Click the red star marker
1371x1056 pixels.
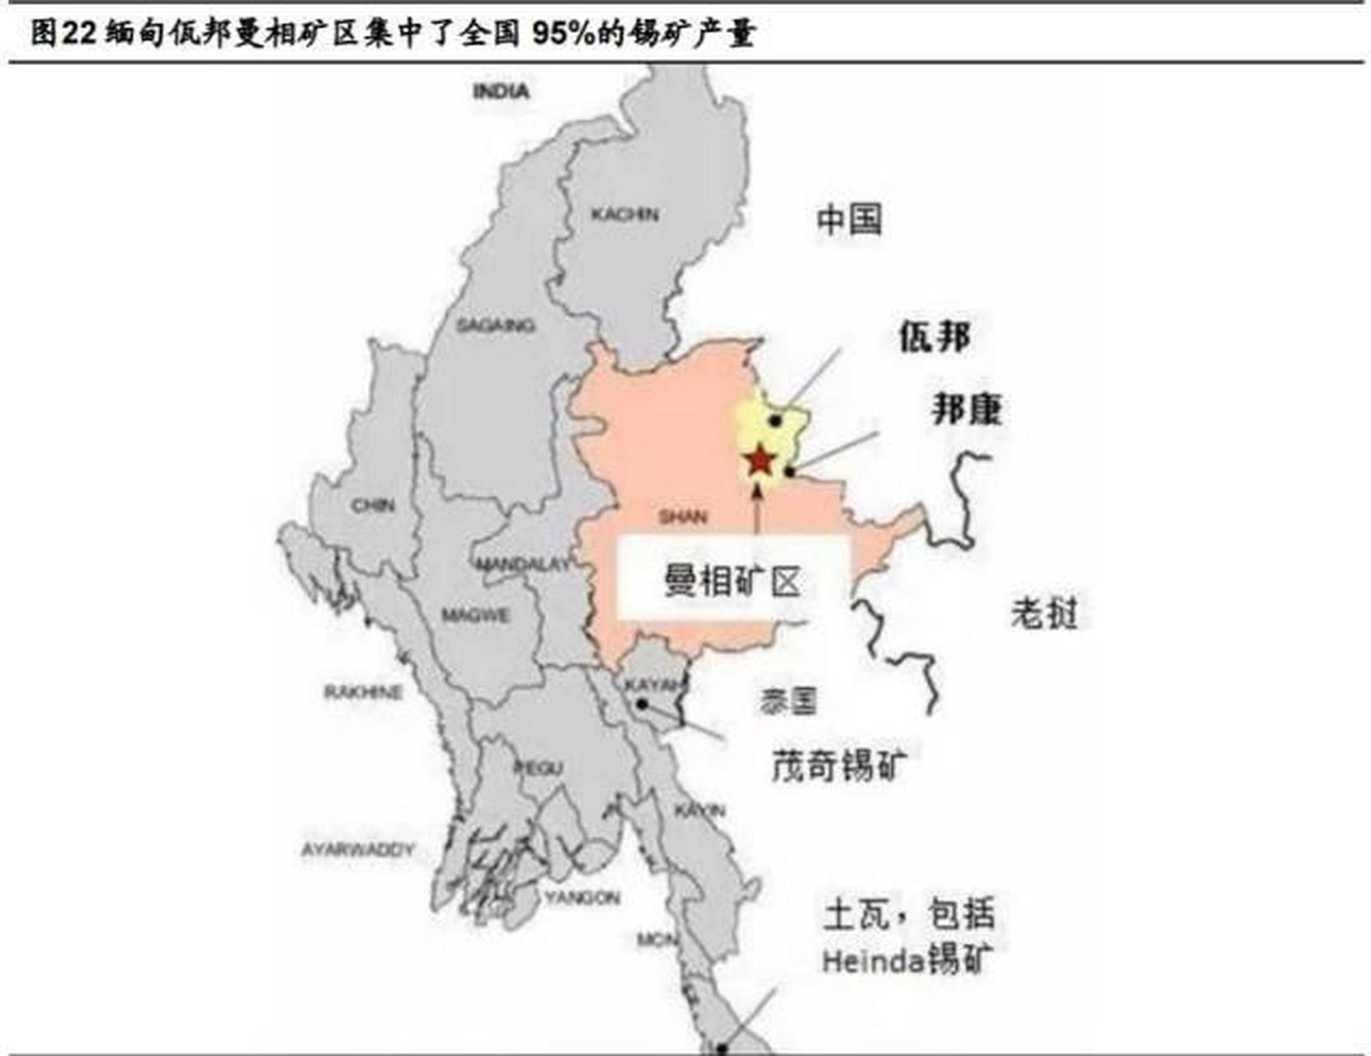coord(759,460)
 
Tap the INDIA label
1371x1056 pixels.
coord(501,91)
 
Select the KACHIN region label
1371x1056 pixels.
coord(624,214)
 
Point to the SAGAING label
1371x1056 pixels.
coord(495,326)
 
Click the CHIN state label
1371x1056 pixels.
coord(373,505)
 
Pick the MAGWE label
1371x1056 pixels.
coord(475,615)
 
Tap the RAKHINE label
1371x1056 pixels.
coord(363,691)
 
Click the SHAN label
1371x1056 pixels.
coord(682,517)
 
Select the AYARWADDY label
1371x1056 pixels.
coord(357,849)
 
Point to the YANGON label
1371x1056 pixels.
coord(582,897)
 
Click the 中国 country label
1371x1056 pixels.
coord(849,220)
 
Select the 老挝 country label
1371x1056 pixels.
coord(1044,613)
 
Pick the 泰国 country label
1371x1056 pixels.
coord(788,701)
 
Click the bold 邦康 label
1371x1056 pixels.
coord(967,409)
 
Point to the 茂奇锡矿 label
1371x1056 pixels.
coord(839,765)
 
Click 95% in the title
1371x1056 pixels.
coord(562,33)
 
